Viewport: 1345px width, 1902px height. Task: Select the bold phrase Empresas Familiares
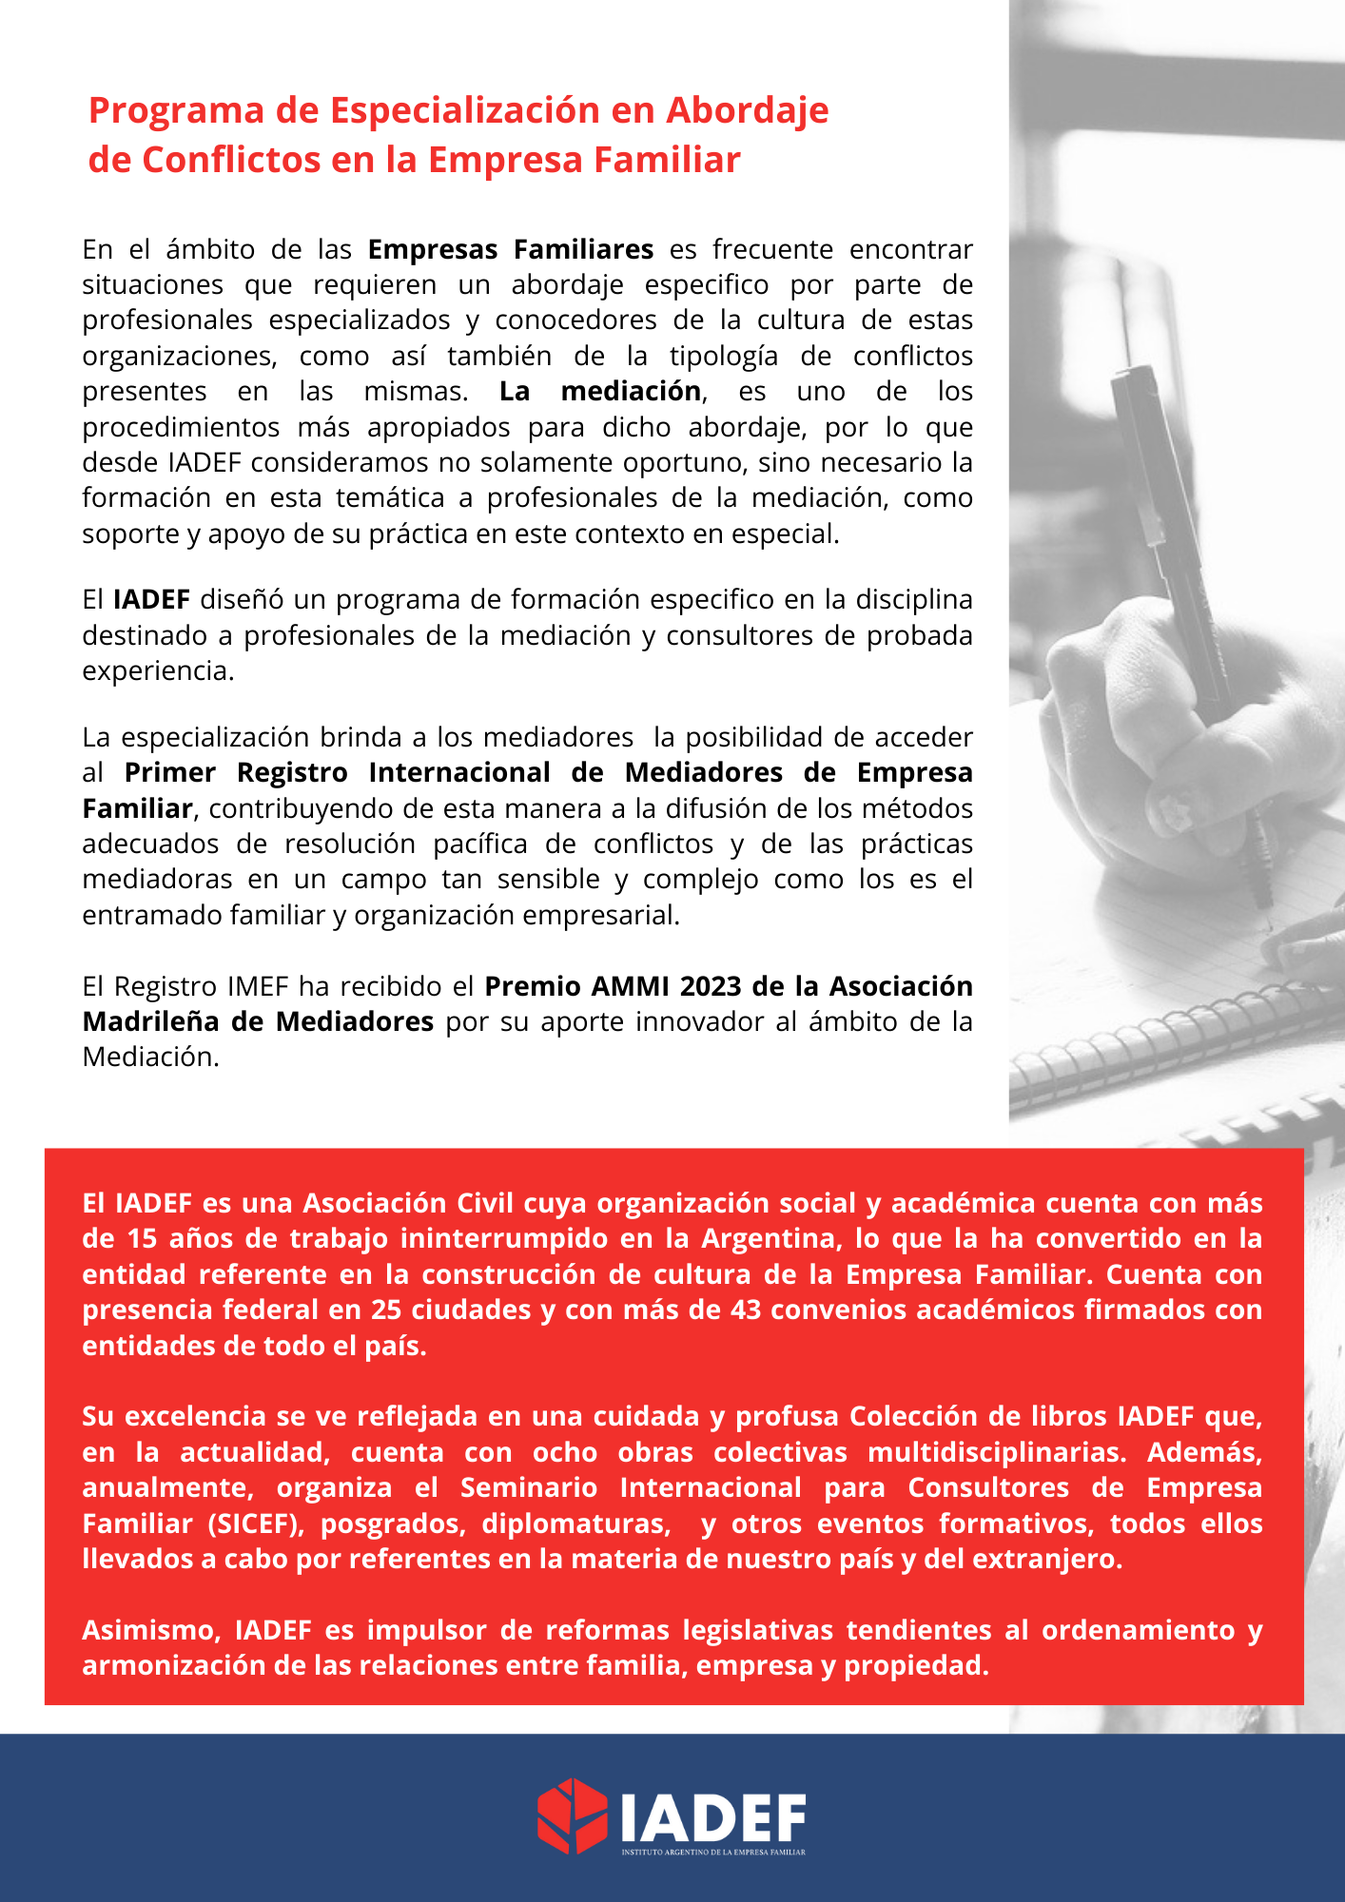pyautogui.click(x=511, y=249)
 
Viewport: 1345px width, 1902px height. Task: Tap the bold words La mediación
pyautogui.click(x=600, y=391)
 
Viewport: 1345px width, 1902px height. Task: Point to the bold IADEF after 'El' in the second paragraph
pyautogui.click(x=151, y=599)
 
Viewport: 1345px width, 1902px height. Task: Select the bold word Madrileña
pyautogui.click(x=152, y=1021)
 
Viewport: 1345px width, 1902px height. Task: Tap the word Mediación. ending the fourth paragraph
pyautogui.click(x=150, y=1057)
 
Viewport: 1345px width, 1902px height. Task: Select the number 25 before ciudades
pyautogui.click(x=386, y=1310)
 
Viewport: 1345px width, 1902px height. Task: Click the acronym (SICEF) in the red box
pyautogui.click(x=256, y=1524)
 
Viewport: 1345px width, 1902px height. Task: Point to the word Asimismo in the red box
pyautogui.click(x=151, y=1630)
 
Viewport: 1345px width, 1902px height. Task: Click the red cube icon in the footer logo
pyautogui.click(x=572, y=1815)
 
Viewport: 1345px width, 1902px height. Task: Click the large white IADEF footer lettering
pyautogui.click(x=713, y=1818)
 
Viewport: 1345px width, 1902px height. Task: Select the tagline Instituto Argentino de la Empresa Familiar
pyautogui.click(x=713, y=1852)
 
